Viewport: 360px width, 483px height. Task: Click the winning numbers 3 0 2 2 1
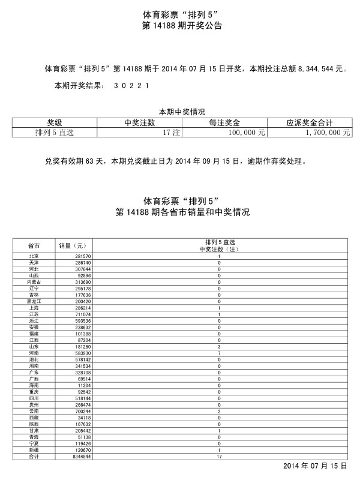click(x=131, y=86)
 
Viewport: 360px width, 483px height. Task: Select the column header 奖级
click(x=55, y=122)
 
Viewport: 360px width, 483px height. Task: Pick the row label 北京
click(x=34, y=256)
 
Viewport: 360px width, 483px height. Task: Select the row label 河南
click(x=34, y=354)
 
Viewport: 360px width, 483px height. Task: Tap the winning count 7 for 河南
click(x=219, y=354)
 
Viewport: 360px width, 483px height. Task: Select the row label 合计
click(x=34, y=457)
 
